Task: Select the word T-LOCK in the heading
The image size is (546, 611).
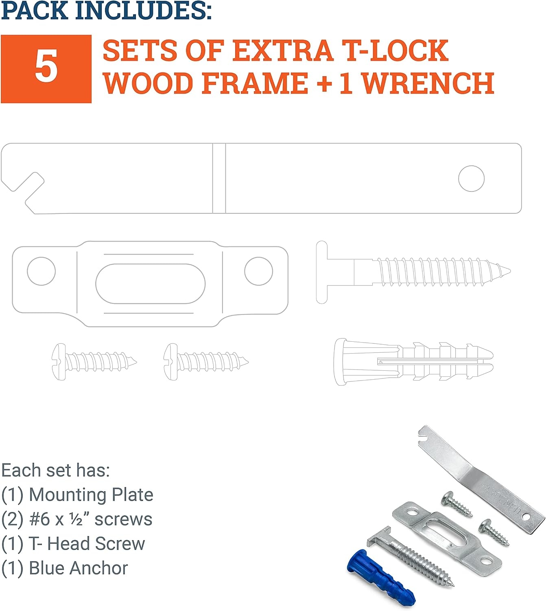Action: [x=395, y=51]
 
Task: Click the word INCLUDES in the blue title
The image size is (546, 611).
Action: [x=144, y=11]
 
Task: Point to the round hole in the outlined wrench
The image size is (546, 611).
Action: [x=471, y=178]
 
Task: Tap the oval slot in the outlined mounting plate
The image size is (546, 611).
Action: [x=151, y=284]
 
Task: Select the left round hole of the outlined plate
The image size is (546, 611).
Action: [x=41, y=271]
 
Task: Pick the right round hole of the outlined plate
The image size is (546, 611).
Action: [x=258, y=271]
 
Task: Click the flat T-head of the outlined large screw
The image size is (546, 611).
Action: [x=321, y=272]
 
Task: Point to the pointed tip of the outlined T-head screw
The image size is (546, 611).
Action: [x=509, y=270]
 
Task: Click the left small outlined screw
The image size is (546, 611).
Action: [x=94, y=362]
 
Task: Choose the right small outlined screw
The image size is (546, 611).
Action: [x=206, y=362]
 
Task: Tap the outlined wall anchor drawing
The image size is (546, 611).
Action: [x=413, y=362]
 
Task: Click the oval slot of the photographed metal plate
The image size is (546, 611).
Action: [x=446, y=533]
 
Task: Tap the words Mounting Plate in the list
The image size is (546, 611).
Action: [x=91, y=495]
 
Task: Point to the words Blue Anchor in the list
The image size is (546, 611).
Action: [x=79, y=568]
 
